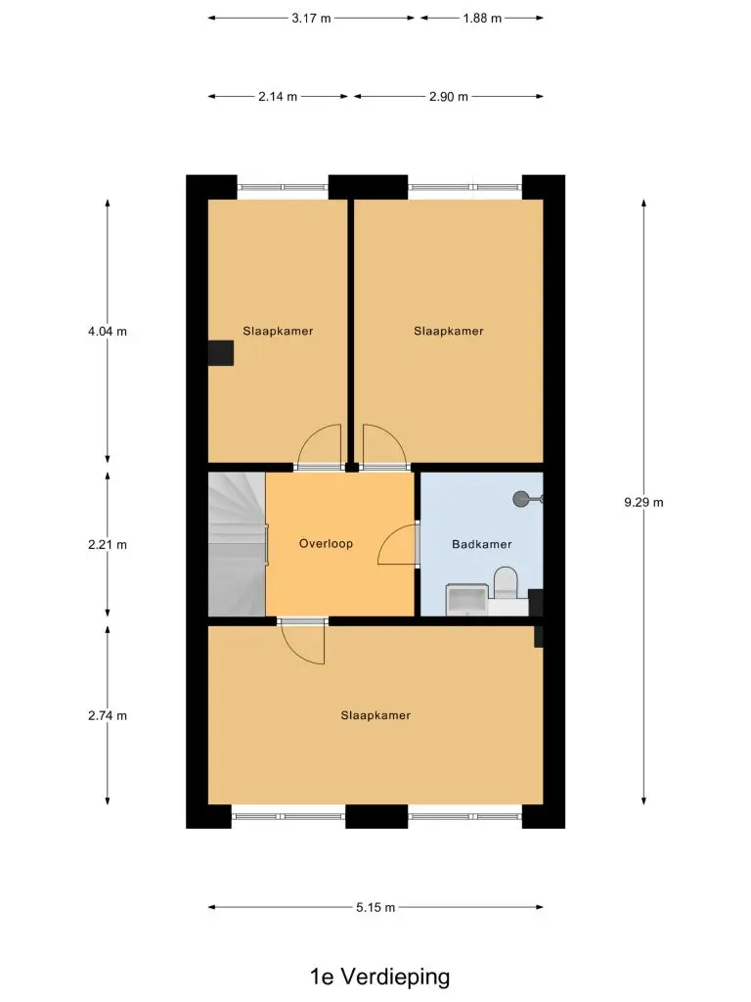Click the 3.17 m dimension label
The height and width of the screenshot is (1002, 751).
click(x=311, y=19)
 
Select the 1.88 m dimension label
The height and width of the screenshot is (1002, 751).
click(x=482, y=19)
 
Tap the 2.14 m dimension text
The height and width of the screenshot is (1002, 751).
click(x=278, y=97)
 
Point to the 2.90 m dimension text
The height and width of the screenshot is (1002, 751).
click(x=448, y=97)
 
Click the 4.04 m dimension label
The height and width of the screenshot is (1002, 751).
click(x=108, y=332)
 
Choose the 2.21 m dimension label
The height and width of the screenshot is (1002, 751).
click(x=108, y=545)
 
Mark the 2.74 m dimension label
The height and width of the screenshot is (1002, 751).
click(x=108, y=715)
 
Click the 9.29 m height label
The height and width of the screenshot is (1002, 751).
click(x=643, y=502)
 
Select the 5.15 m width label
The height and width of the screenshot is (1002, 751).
click(x=375, y=907)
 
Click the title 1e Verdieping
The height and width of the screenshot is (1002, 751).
click(x=380, y=978)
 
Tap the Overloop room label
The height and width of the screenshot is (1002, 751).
click(x=326, y=544)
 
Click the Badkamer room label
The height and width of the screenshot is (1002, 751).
click(x=481, y=544)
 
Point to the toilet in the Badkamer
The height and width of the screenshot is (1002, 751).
click(x=506, y=583)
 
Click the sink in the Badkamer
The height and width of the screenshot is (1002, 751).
click(x=467, y=600)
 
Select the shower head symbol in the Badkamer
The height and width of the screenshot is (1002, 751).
click(x=526, y=498)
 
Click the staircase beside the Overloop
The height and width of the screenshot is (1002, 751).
click(x=237, y=544)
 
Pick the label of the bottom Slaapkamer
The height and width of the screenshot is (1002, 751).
click(x=375, y=715)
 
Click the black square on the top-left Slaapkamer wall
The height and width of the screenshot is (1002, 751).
click(x=221, y=353)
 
